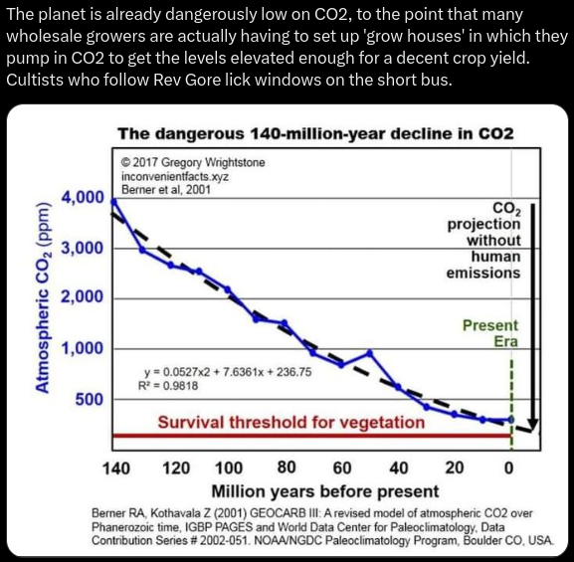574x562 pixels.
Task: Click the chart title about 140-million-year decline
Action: point(316,133)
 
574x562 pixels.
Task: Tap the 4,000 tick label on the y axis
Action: point(84,197)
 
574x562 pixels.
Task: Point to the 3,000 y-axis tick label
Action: point(84,248)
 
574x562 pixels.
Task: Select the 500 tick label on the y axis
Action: point(90,399)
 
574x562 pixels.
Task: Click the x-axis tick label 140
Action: point(116,468)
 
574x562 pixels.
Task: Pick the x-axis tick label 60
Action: point(342,468)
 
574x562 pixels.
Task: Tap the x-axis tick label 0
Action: point(508,468)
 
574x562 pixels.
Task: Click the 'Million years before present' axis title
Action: point(325,491)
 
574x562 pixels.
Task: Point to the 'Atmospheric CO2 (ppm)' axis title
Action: point(42,297)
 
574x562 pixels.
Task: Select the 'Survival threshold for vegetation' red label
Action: point(291,422)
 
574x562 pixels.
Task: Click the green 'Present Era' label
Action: point(490,333)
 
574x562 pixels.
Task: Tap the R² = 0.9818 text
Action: point(168,386)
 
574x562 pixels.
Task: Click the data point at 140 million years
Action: point(113,201)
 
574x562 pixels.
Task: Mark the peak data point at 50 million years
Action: point(370,353)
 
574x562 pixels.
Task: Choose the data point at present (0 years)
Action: point(511,419)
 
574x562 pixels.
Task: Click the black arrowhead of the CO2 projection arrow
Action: point(533,425)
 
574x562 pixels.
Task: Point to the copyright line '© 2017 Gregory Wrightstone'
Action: point(193,162)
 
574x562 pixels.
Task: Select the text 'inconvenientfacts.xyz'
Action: point(175,176)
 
